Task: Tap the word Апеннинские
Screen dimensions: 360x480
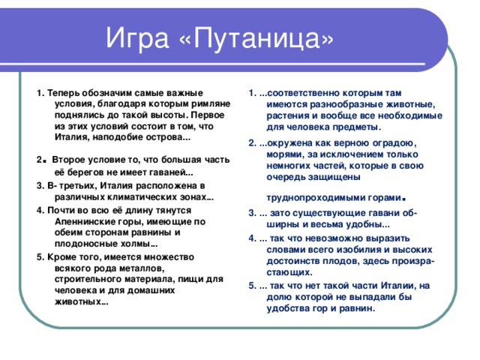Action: [89, 222]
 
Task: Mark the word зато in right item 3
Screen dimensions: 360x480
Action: [284, 215]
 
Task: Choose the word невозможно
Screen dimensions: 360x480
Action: [337, 238]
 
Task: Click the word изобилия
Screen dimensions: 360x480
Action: [346, 250]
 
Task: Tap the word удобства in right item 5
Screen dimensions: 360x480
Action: [291, 307]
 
